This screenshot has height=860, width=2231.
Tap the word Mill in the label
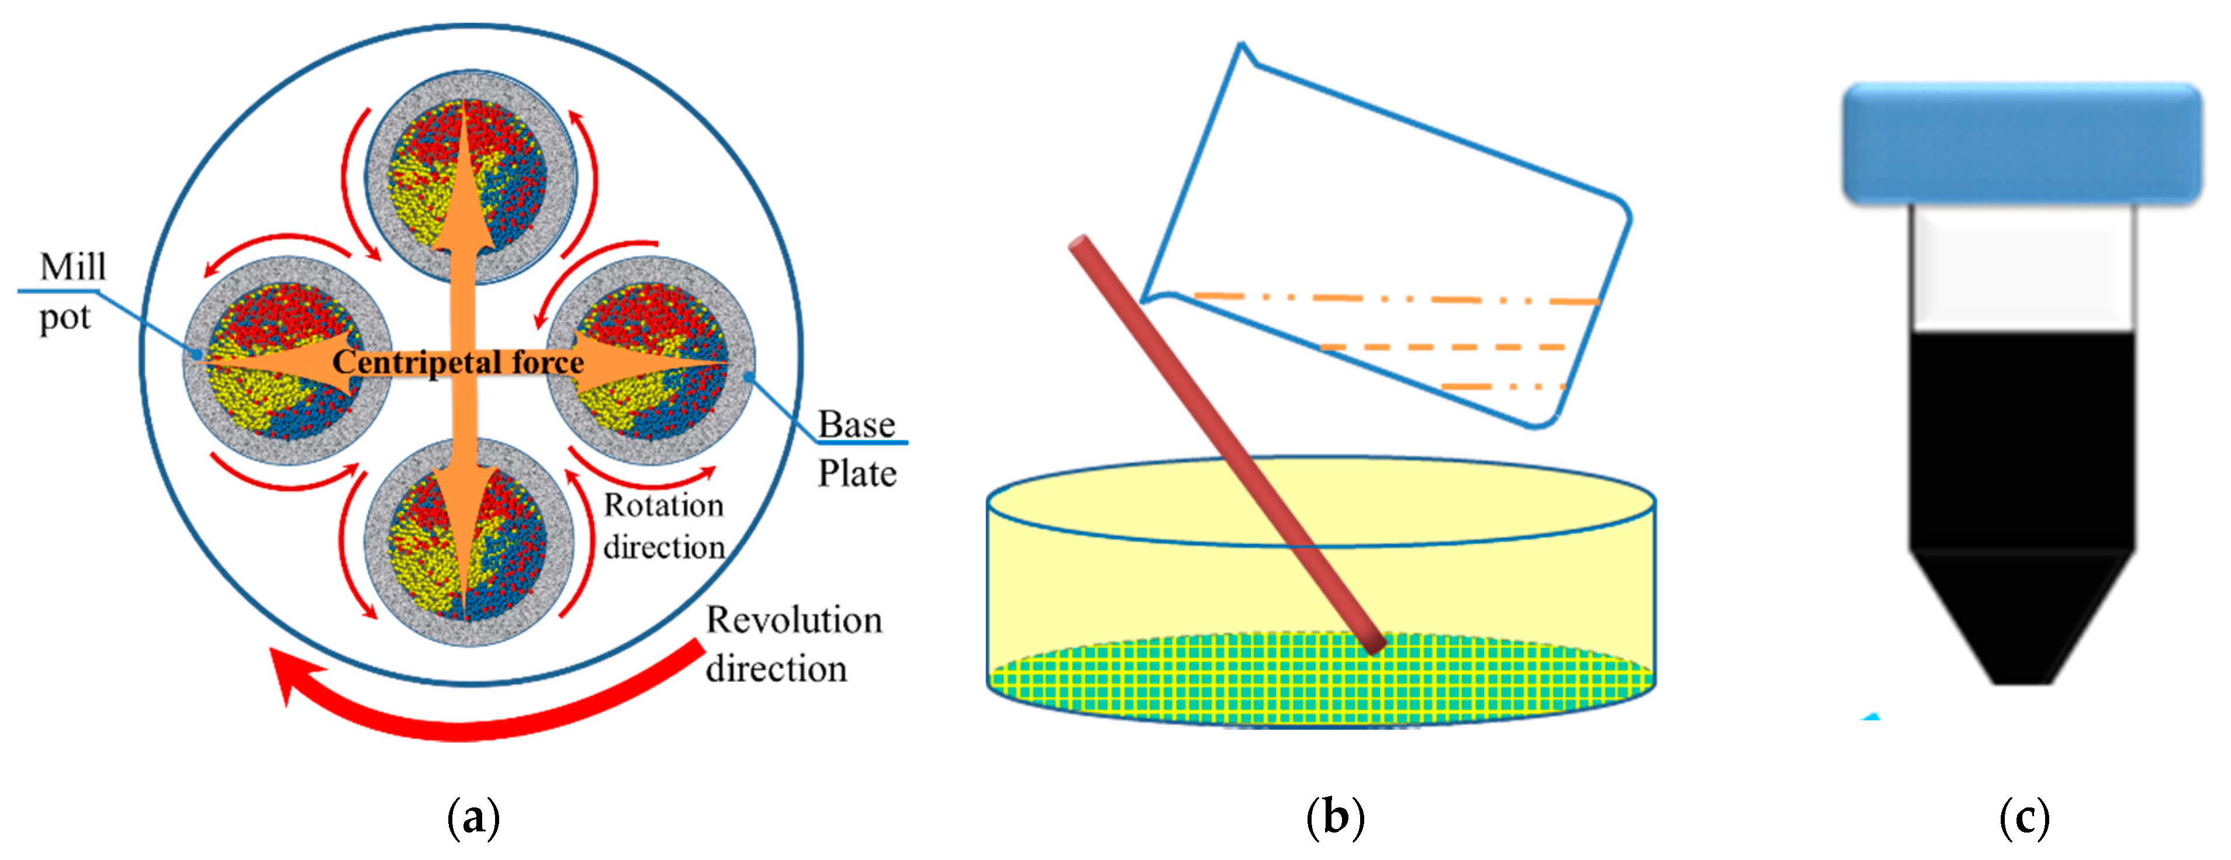coord(72,267)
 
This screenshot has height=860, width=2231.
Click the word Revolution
coord(793,620)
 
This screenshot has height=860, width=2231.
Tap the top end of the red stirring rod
coord(1079,246)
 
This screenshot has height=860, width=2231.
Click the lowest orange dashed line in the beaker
coord(1503,386)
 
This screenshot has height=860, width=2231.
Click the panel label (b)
coord(1334,817)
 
